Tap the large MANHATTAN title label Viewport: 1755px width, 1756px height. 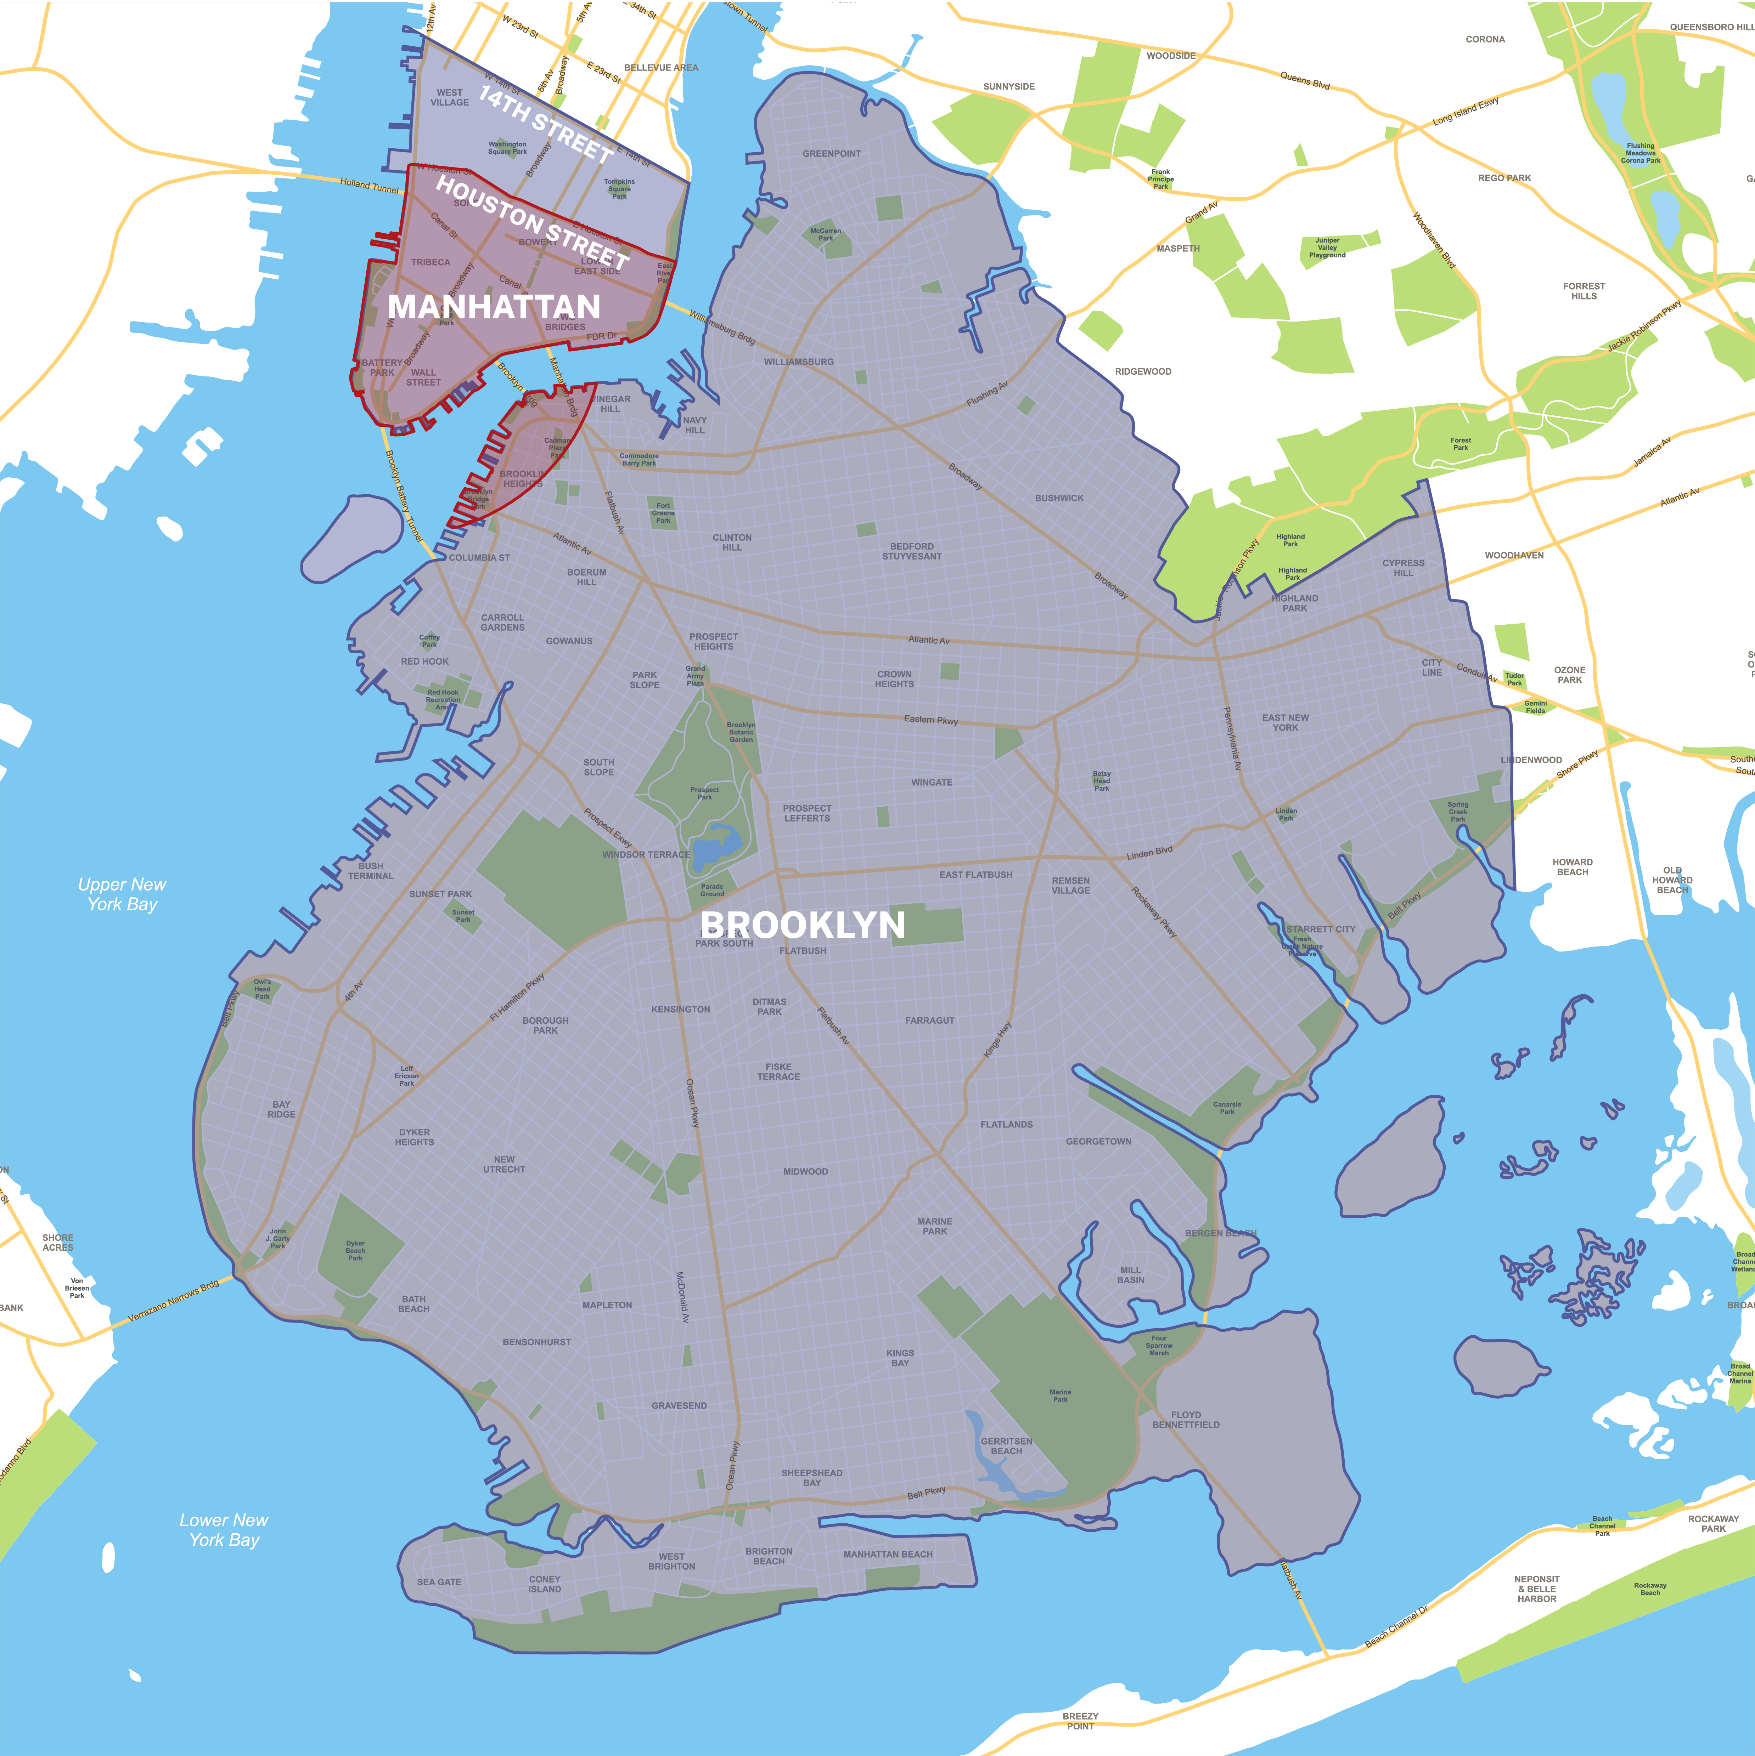pos(494,307)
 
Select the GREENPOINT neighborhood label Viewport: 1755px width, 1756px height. pos(831,154)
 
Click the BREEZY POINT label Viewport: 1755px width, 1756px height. pos(1080,1721)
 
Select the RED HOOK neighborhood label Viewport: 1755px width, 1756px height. pos(424,662)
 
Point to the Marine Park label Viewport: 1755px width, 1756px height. pos(1060,1395)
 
